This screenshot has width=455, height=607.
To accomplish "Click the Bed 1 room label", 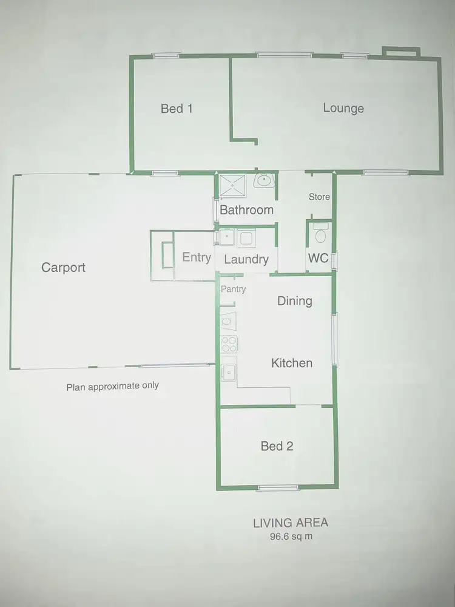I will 177,109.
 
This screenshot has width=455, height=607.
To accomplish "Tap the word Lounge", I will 343,108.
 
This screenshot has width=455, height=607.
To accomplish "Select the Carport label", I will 63,267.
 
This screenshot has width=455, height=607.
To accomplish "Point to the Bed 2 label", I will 277,446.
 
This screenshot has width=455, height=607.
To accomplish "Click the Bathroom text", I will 246,210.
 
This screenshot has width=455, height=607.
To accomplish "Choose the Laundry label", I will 246,259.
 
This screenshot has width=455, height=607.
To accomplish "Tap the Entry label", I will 197,257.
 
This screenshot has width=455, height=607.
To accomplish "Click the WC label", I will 318,258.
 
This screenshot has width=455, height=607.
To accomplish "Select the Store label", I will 319,197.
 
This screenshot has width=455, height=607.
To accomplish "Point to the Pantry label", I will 234,290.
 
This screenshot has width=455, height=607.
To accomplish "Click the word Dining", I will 295,300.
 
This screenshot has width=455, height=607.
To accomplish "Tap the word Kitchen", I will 292,363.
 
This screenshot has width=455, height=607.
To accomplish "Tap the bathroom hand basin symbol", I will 265,181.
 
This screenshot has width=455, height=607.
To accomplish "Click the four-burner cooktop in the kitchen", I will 229,344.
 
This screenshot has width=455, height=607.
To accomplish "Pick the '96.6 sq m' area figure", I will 291,537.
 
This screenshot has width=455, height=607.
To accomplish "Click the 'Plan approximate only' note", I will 112,385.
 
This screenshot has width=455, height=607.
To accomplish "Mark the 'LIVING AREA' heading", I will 291,523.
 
